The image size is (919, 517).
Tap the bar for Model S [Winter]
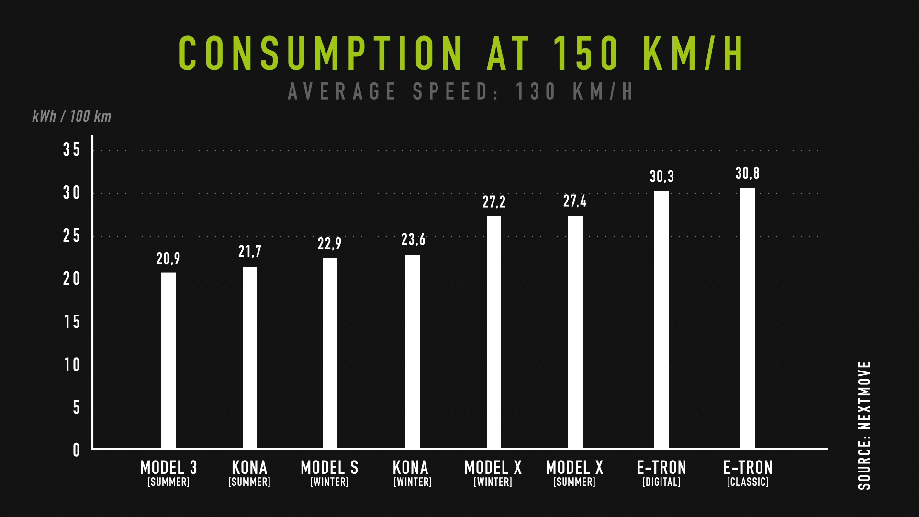pos(330,353)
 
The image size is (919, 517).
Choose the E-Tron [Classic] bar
pos(748,318)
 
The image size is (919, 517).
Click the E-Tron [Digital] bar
pos(661,319)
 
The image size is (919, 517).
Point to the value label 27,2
pos(493,202)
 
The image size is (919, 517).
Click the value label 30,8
pos(747,173)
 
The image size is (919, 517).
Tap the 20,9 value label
pos(168,259)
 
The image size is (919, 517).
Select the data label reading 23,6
pos(413,239)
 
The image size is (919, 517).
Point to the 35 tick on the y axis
pos(72,150)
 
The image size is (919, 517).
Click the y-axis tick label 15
pos(72,322)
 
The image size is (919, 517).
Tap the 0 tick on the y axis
pos(76,450)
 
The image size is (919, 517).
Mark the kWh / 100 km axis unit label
pos(72,116)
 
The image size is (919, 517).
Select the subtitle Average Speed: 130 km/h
pos(460,91)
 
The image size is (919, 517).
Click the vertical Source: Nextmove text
pos(864,425)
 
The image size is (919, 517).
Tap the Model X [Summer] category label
pos(574,473)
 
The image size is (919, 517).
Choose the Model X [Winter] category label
pos(493,473)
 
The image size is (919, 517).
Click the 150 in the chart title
pos(586,54)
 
